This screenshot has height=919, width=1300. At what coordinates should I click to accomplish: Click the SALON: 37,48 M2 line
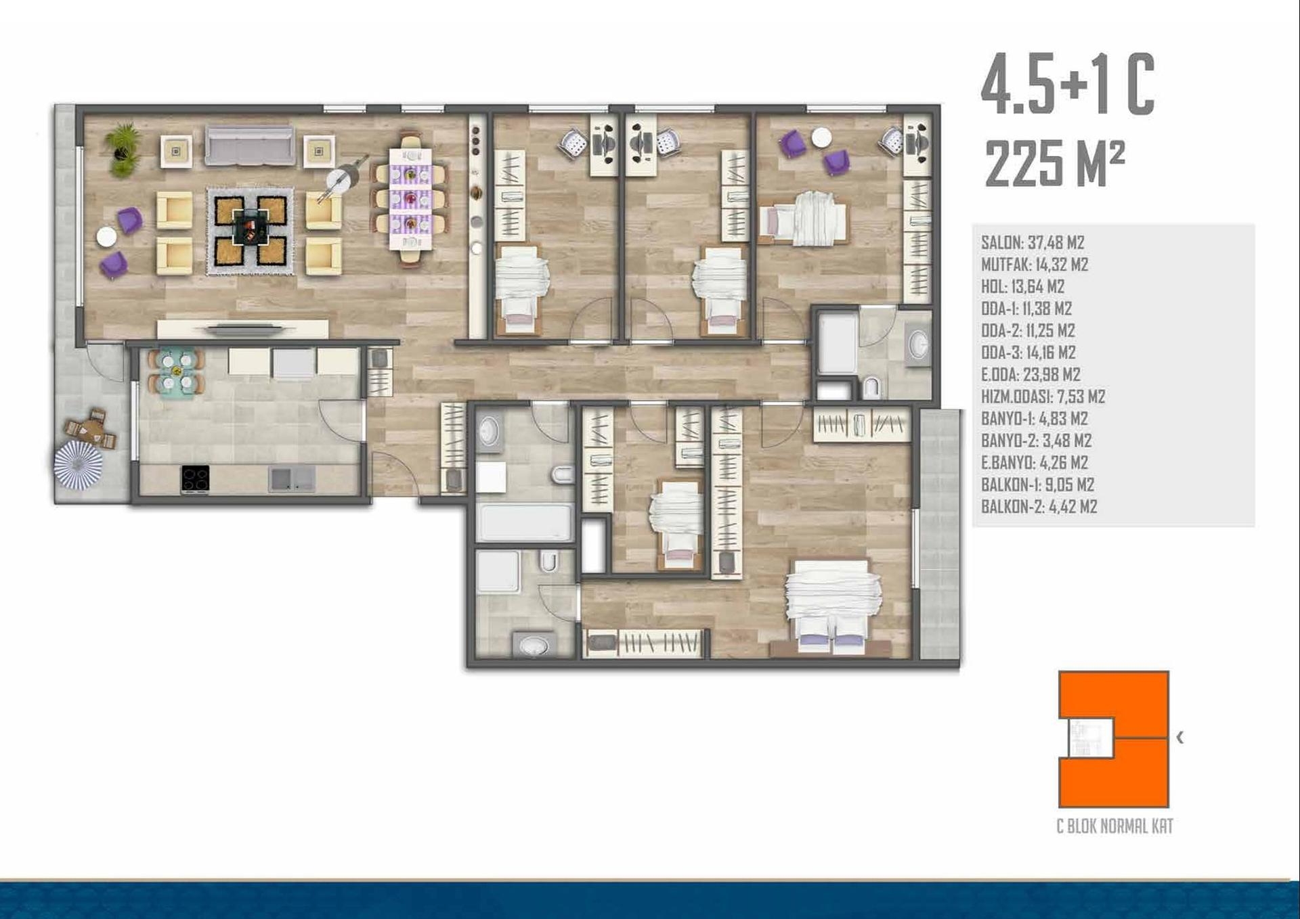1033,242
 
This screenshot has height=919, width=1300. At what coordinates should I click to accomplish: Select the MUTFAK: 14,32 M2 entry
1035,265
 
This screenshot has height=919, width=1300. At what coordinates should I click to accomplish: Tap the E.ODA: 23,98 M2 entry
1031,374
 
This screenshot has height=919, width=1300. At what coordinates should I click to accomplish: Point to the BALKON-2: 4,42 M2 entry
1039,506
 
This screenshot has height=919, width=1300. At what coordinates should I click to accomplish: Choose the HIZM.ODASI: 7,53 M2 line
1043,397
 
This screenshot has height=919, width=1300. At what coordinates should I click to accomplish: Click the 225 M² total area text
1054,163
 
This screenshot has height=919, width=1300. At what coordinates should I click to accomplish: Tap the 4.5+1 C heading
1067,85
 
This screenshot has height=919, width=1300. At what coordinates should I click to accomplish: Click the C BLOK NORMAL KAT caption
1114,826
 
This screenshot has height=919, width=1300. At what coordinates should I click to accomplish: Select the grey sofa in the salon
250,145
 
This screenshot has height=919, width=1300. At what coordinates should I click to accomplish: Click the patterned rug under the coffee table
251,231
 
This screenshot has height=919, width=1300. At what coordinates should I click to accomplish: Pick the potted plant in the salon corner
123,150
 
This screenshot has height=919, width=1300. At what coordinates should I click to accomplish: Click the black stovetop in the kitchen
195,478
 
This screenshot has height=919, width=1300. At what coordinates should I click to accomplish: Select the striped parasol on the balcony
79,465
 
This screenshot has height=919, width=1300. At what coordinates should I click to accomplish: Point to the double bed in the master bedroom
832,604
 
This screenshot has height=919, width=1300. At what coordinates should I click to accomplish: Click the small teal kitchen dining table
176,371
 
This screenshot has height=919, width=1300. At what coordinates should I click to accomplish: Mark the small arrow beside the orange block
1180,738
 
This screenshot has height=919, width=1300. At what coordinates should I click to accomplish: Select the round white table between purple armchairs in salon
106,236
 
